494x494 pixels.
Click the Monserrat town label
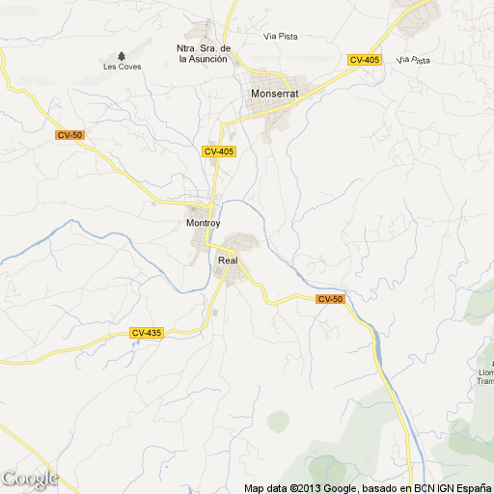[274, 94]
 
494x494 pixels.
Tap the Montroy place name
[203, 224]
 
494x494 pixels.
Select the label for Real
[228, 261]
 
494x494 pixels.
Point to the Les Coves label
[121, 66]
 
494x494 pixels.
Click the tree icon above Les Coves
[121, 55]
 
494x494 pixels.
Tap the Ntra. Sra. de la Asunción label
[203, 53]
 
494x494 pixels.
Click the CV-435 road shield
[147, 333]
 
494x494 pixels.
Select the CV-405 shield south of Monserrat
[219, 151]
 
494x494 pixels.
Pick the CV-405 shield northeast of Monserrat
[365, 60]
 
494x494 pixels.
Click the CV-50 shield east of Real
[330, 299]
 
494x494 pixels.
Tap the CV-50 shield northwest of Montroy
[69, 135]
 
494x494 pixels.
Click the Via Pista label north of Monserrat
[280, 37]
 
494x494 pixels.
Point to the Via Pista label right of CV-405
[413, 60]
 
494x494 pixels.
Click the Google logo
[29, 479]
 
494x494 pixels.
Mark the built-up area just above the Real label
[241, 243]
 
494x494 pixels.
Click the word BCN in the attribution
[422, 488]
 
